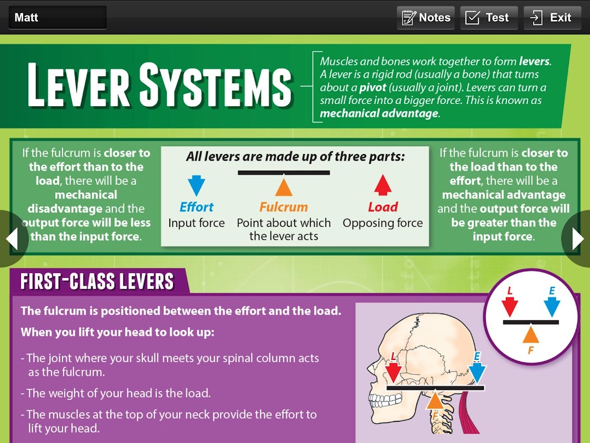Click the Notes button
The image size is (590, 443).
tap(426, 18)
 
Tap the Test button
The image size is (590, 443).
tap(489, 18)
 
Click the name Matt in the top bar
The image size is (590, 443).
tap(27, 17)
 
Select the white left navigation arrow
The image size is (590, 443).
tap(12, 239)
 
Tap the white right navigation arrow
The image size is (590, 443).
tap(578, 239)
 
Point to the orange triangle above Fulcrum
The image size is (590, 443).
tap(284, 187)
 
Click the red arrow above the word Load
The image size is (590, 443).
tap(383, 185)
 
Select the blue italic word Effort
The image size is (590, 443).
tap(196, 207)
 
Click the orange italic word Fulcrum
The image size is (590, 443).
tap(284, 207)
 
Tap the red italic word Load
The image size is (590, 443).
tap(383, 207)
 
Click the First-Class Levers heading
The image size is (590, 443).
tap(97, 281)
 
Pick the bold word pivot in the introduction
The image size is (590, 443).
tap(373, 87)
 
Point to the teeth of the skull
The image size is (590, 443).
tap(384, 400)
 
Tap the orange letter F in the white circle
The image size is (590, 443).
tap(530, 351)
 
